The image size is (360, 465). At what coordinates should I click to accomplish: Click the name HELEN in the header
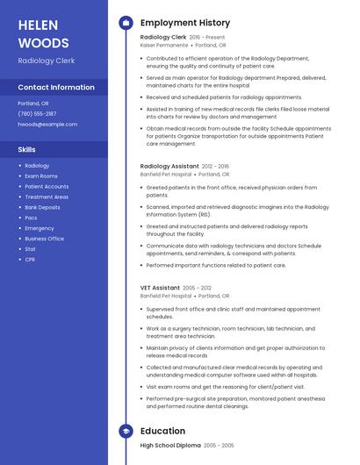[x=39, y=24]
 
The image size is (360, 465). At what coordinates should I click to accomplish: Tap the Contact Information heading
[x=56, y=88]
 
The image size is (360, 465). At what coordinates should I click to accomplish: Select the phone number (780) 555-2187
[x=37, y=113]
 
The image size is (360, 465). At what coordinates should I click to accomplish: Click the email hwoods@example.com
[x=47, y=125]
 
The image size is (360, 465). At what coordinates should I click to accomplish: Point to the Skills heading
[x=27, y=149]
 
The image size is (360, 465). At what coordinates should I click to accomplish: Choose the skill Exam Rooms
[x=40, y=175]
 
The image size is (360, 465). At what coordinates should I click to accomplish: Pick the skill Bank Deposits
[x=42, y=207]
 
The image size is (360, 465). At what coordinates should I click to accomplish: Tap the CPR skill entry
[x=30, y=260]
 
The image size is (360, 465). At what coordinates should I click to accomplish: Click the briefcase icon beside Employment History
[x=126, y=22]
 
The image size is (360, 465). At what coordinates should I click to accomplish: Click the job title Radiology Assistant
[x=169, y=166]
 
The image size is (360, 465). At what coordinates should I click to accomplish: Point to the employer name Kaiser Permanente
[x=164, y=45]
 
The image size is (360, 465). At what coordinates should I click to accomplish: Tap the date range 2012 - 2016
[x=215, y=166]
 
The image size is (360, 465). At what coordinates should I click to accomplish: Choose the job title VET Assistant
[x=160, y=287]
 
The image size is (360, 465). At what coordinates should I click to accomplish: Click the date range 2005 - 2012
[x=197, y=287]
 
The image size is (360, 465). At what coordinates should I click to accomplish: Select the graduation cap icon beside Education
[x=126, y=431]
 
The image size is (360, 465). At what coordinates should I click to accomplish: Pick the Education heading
[x=162, y=431]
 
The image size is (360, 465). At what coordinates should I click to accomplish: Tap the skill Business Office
[x=44, y=239]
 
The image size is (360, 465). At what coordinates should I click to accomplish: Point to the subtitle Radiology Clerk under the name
[x=46, y=61]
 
